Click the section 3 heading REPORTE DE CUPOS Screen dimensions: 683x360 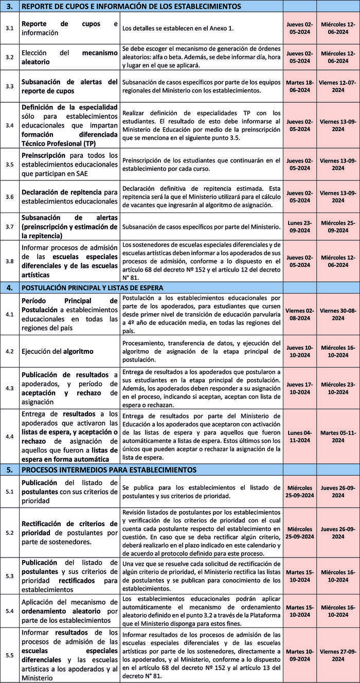131,7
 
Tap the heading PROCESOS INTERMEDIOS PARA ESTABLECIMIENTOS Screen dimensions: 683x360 109,470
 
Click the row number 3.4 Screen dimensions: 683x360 10,125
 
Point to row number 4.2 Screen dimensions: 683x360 10,352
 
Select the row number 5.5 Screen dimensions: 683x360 10,655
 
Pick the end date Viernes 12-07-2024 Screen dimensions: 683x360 338,86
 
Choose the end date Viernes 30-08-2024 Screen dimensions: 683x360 338,314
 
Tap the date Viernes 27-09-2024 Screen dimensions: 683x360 338,655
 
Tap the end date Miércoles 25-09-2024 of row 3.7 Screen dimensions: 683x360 338,227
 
